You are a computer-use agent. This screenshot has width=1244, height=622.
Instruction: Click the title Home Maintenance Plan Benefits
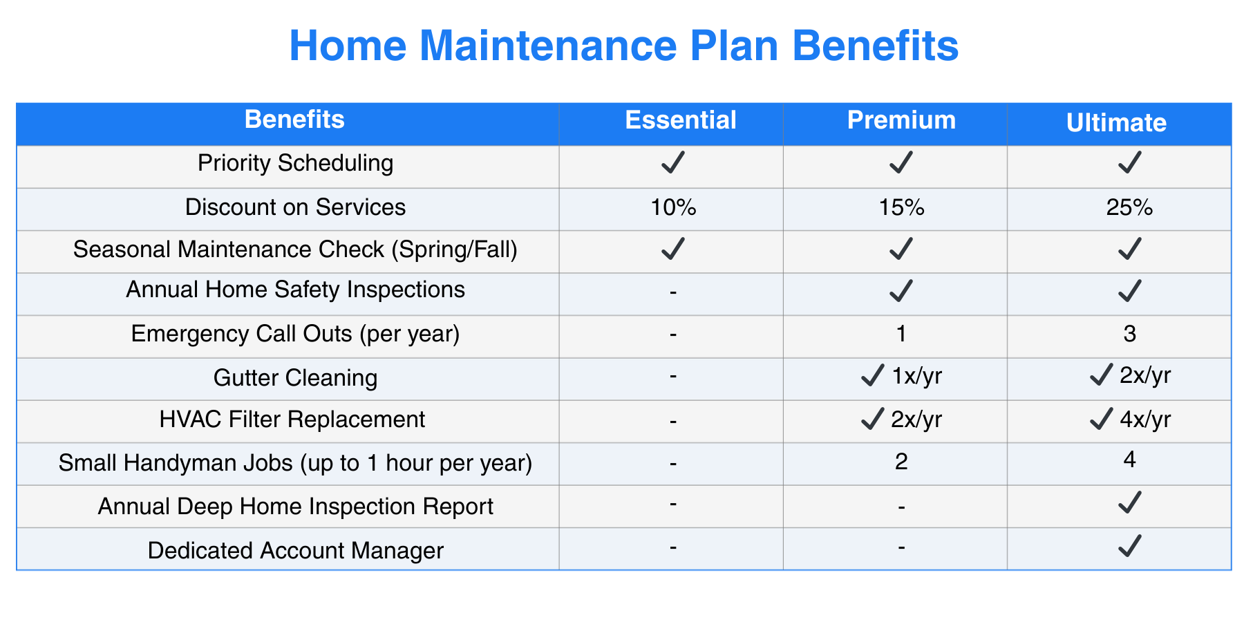point(623,46)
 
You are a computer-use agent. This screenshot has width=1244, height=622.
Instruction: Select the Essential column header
point(681,120)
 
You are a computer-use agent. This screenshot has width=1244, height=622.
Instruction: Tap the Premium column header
point(901,120)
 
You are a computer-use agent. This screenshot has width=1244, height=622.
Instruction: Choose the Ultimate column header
point(1116,123)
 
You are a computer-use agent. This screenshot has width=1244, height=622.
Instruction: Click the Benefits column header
point(294,120)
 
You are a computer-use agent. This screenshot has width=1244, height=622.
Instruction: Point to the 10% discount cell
point(673,207)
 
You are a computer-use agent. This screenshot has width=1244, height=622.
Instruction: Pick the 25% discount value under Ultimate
point(1129,207)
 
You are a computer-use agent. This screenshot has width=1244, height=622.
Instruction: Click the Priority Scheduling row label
point(295,163)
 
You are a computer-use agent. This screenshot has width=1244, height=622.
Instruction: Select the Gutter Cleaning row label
point(295,378)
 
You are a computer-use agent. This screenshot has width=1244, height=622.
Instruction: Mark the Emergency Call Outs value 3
point(1129,334)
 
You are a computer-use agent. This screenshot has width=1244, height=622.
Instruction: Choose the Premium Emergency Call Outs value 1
point(901,334)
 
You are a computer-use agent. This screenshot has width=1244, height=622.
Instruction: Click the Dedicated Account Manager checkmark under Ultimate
point(1129,546)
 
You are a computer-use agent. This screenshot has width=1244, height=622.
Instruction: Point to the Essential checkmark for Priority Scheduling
point(673,162)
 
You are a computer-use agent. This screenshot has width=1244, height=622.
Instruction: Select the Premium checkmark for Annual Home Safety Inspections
point(901,291)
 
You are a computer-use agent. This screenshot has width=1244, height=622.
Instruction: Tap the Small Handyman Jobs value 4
point(1129,460)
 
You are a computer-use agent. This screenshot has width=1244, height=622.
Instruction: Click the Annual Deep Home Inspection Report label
point(295,507)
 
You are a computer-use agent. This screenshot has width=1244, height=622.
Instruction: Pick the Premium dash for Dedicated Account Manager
point(901,548)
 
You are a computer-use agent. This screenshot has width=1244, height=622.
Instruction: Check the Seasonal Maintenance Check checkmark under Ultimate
point(1129,248)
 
